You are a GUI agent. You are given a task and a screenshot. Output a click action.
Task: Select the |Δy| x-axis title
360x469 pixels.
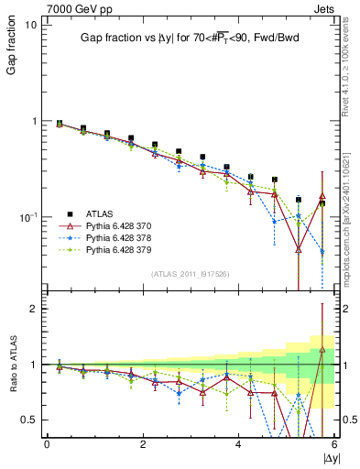click(x=328, y=457)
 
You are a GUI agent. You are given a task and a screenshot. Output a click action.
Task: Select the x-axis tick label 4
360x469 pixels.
click(x=238, y=444)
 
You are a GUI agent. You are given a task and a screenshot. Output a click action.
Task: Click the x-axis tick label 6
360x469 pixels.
click(x=333, y=444)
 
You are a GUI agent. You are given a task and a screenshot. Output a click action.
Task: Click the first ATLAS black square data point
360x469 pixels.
click(x=60, y=123)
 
